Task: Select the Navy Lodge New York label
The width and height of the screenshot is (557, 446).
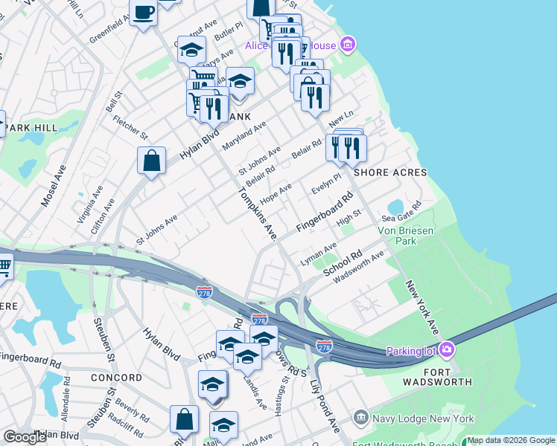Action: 424,418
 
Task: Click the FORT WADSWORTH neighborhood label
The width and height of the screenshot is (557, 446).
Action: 438,375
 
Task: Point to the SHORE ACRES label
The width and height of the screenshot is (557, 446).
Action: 390,172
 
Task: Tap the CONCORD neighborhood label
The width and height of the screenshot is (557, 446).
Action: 115,378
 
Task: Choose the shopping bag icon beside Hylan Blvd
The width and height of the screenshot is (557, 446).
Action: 151,161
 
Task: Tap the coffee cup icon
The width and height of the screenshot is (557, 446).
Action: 143,12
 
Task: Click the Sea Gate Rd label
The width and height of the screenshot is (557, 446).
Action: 401,212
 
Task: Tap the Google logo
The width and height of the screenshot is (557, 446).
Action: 25,437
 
